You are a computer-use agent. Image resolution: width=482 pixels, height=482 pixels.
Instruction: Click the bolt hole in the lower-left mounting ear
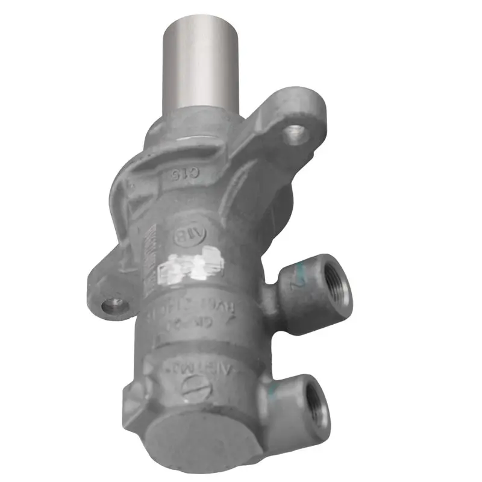[x=111, y=306]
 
